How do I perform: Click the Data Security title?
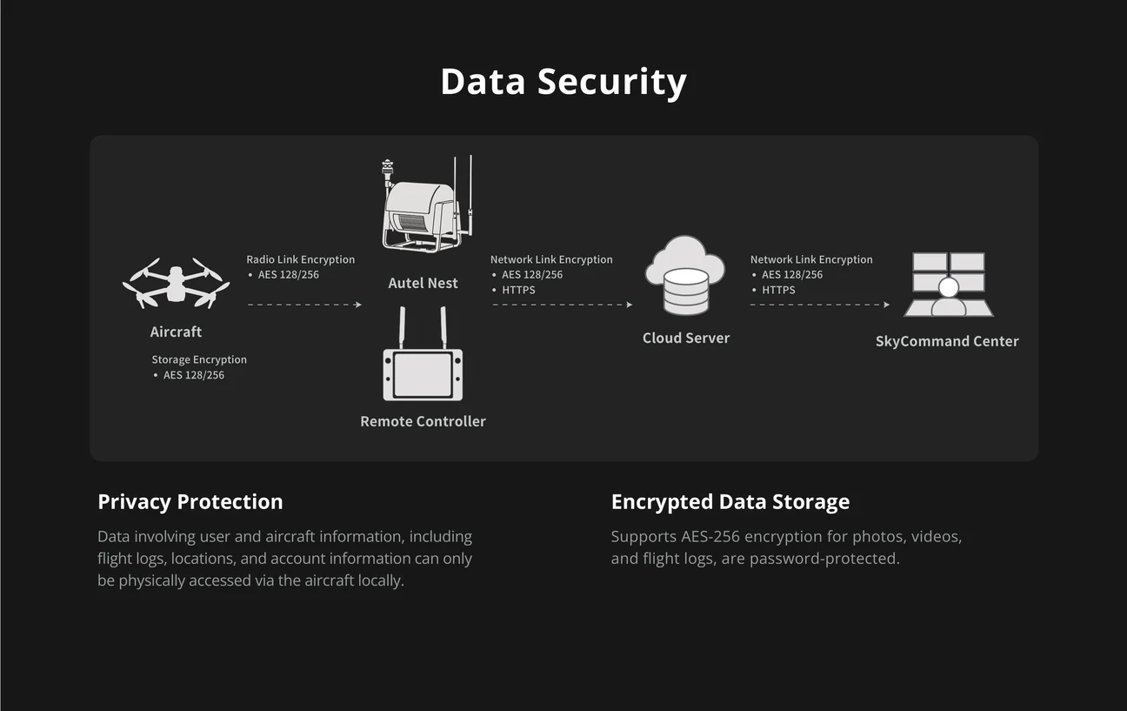(x=563, y=82)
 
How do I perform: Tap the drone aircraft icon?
(x=176, y=283)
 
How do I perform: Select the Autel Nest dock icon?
(x=428, y=204)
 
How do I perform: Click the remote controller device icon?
(x=423, y=354)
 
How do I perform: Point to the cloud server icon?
(x=685, y=275)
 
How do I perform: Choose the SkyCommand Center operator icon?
(x=949, y=285)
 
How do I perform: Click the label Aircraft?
(x=176, y=332)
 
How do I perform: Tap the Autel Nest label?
(x=423, y=283)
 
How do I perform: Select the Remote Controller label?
(x=423, y=421)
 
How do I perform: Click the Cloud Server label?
(x=686, y=338)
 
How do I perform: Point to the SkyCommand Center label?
(x=947, y=341)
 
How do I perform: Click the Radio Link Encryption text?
(x=300, y=259)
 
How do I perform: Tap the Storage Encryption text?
(x=199, y=359)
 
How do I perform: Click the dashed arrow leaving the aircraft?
(x=305, y=305)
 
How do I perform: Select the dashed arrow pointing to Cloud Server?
(x=563, y=305)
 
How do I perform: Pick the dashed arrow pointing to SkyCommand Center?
(x=820, y=305)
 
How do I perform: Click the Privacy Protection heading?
(x=190, y=502)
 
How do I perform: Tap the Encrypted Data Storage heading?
(x=730, y=502)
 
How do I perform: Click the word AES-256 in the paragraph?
(x=710, y=537)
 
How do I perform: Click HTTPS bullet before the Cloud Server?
(x=518, y=290)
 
